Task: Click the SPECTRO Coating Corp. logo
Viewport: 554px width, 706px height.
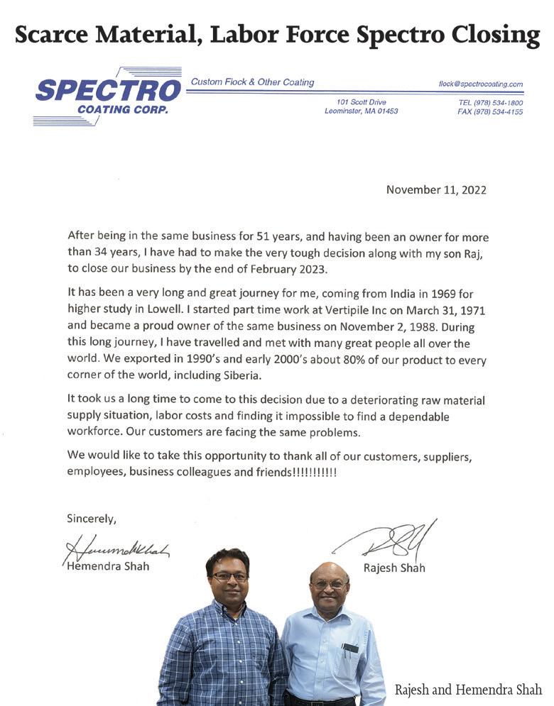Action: pos(107,96)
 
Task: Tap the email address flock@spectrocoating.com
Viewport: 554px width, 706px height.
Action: pos(481,84)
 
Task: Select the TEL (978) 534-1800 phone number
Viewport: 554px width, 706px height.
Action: pos(491,103)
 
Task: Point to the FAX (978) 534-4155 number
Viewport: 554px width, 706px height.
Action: pos(491,112)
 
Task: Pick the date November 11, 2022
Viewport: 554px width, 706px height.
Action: pos(436,189)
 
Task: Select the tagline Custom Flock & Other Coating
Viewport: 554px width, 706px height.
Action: pos(252,82)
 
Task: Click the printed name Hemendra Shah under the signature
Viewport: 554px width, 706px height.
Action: pos(107,566)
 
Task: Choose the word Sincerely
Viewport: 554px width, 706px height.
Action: pos(91,519)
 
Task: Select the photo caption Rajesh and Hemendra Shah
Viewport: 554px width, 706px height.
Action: pos(469,690)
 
